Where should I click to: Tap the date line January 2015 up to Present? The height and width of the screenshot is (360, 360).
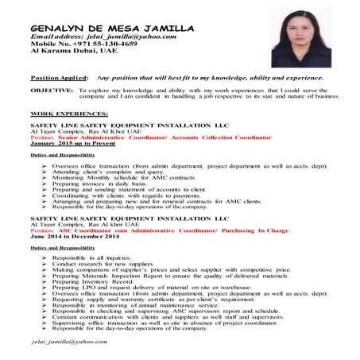click(x=71, y=143)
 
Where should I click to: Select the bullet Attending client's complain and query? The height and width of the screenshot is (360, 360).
click(x=110, y=171)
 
